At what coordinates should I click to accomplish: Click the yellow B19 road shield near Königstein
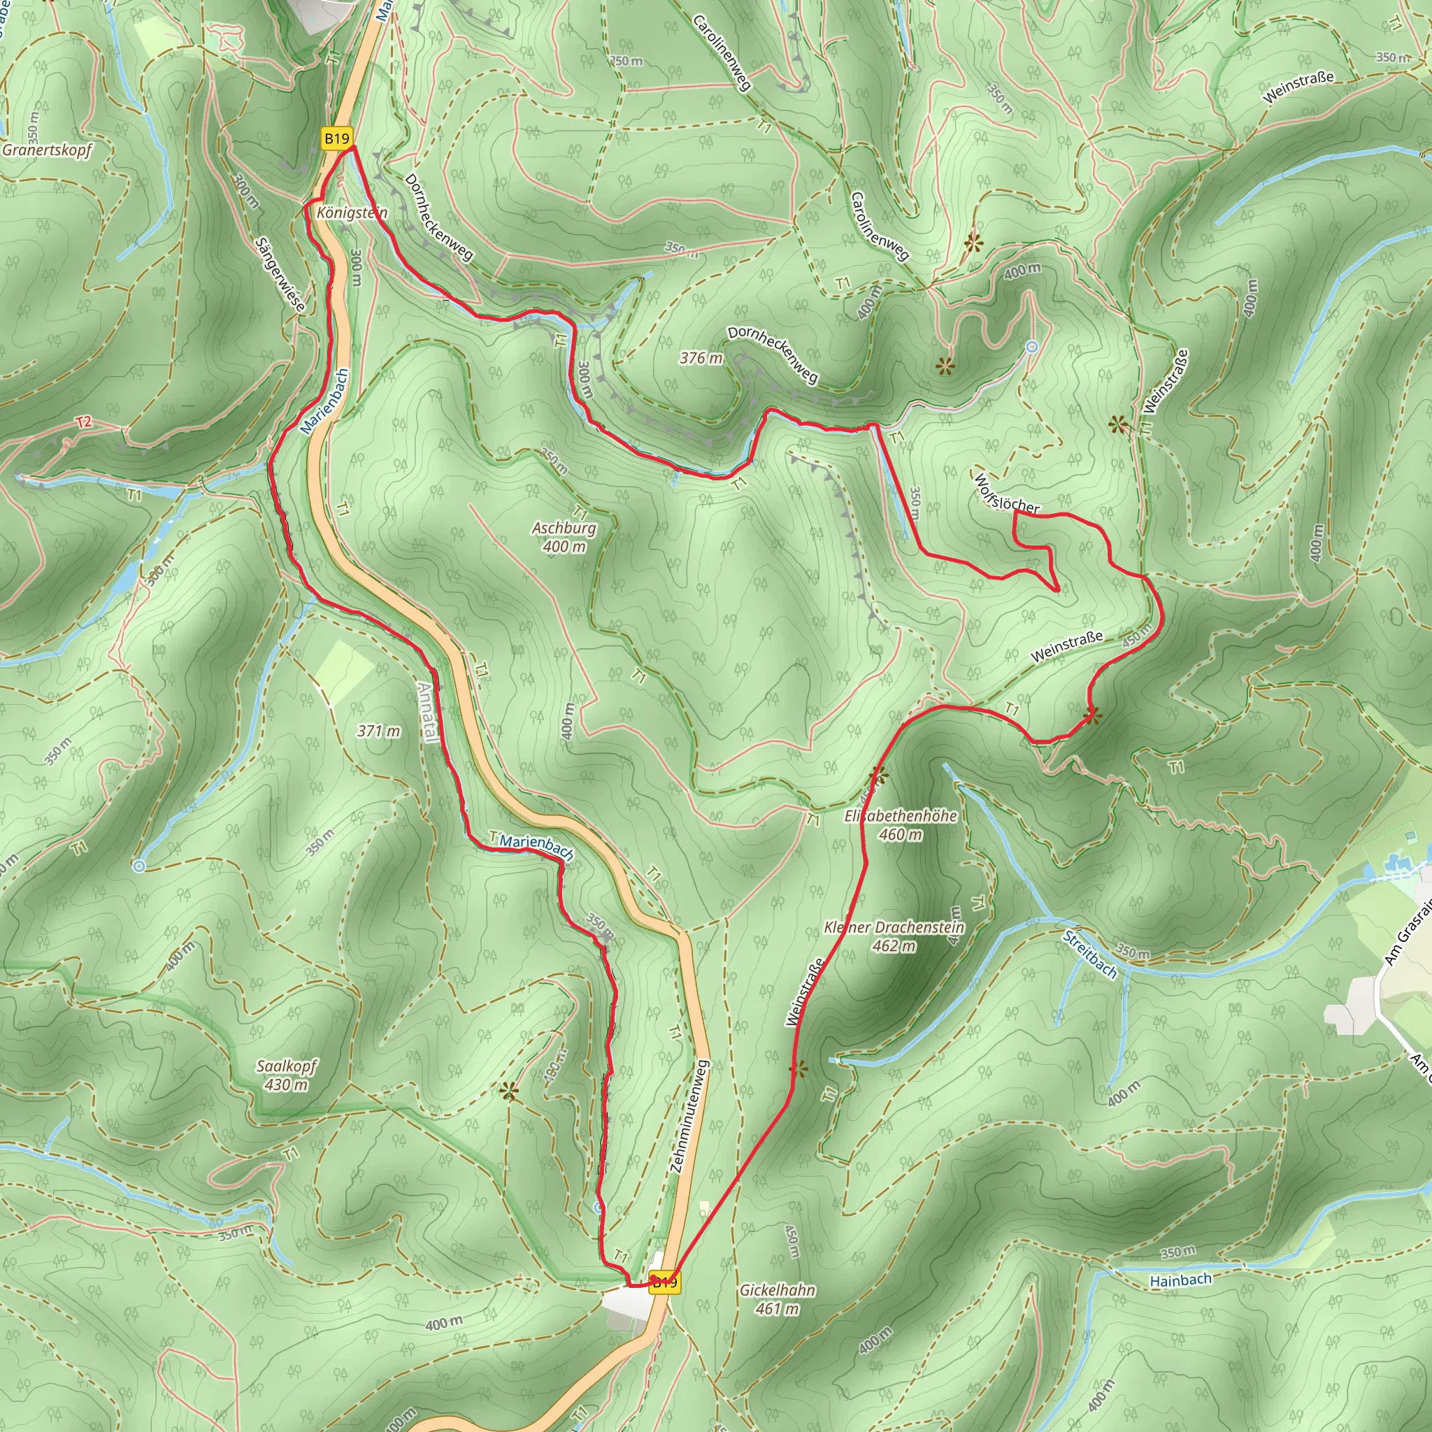[x=336, y=138]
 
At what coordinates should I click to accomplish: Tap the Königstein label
[x=351, y=213]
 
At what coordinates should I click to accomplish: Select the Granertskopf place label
[x=47, y=150]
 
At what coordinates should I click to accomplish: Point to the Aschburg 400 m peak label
[x=564, y=538]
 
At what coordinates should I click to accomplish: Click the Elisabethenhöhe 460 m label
[x=901, y=825]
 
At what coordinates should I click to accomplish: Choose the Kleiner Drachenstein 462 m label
[x=894, y=936]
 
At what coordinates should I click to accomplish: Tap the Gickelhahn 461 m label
[x=778, y=1299]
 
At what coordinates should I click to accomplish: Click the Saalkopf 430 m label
[x=286, y=1075]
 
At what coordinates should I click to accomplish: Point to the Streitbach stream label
[x=1089, y=954]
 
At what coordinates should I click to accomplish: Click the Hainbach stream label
[x=1181, y=1280]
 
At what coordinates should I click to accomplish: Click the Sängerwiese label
[x=280, y=274]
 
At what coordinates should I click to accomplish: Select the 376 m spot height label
[x=701, y=358]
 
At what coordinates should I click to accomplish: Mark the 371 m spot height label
[x=378, y=731]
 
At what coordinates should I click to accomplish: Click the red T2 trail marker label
[x=84, y=422]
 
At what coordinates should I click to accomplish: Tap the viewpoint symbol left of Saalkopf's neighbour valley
[x=508, y=1090]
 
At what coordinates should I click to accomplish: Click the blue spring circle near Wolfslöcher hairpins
[x=1032, y=346]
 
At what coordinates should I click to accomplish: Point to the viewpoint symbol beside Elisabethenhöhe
[x=878, y=775]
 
